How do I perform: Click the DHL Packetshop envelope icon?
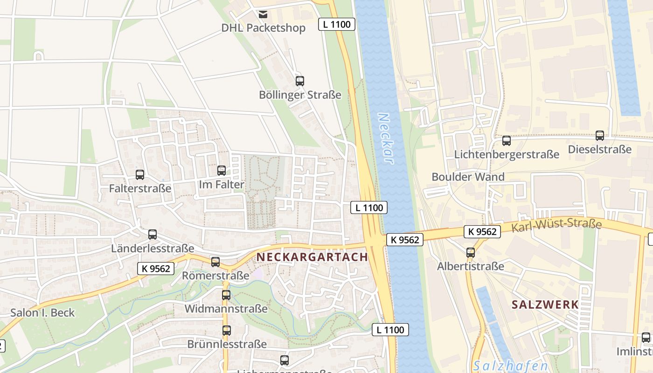tap(264, 14)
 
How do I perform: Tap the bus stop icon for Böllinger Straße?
tap(300, 81)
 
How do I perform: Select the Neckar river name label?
tap(385, 138)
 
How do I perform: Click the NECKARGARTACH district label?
tap(312, 257)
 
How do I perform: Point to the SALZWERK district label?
tap(545, 305)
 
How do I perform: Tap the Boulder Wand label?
tap(468, 177)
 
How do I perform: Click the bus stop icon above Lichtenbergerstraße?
tap(507, 140)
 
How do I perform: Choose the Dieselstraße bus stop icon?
tap(600, 136)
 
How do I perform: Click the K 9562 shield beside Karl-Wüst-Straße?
tap(482, 231)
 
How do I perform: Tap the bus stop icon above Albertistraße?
tap(471, 253)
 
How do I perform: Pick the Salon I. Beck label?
tap(42, 312)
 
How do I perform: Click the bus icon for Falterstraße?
tap(140, 175)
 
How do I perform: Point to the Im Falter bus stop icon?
tap(222, 171)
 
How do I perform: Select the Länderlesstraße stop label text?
tap(152, 248)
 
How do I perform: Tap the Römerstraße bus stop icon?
tap(215, 262)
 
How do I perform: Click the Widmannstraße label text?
tap(226, 309)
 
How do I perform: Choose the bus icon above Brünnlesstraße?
tap(227, 331)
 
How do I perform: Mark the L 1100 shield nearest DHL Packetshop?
tap(337, 24)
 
